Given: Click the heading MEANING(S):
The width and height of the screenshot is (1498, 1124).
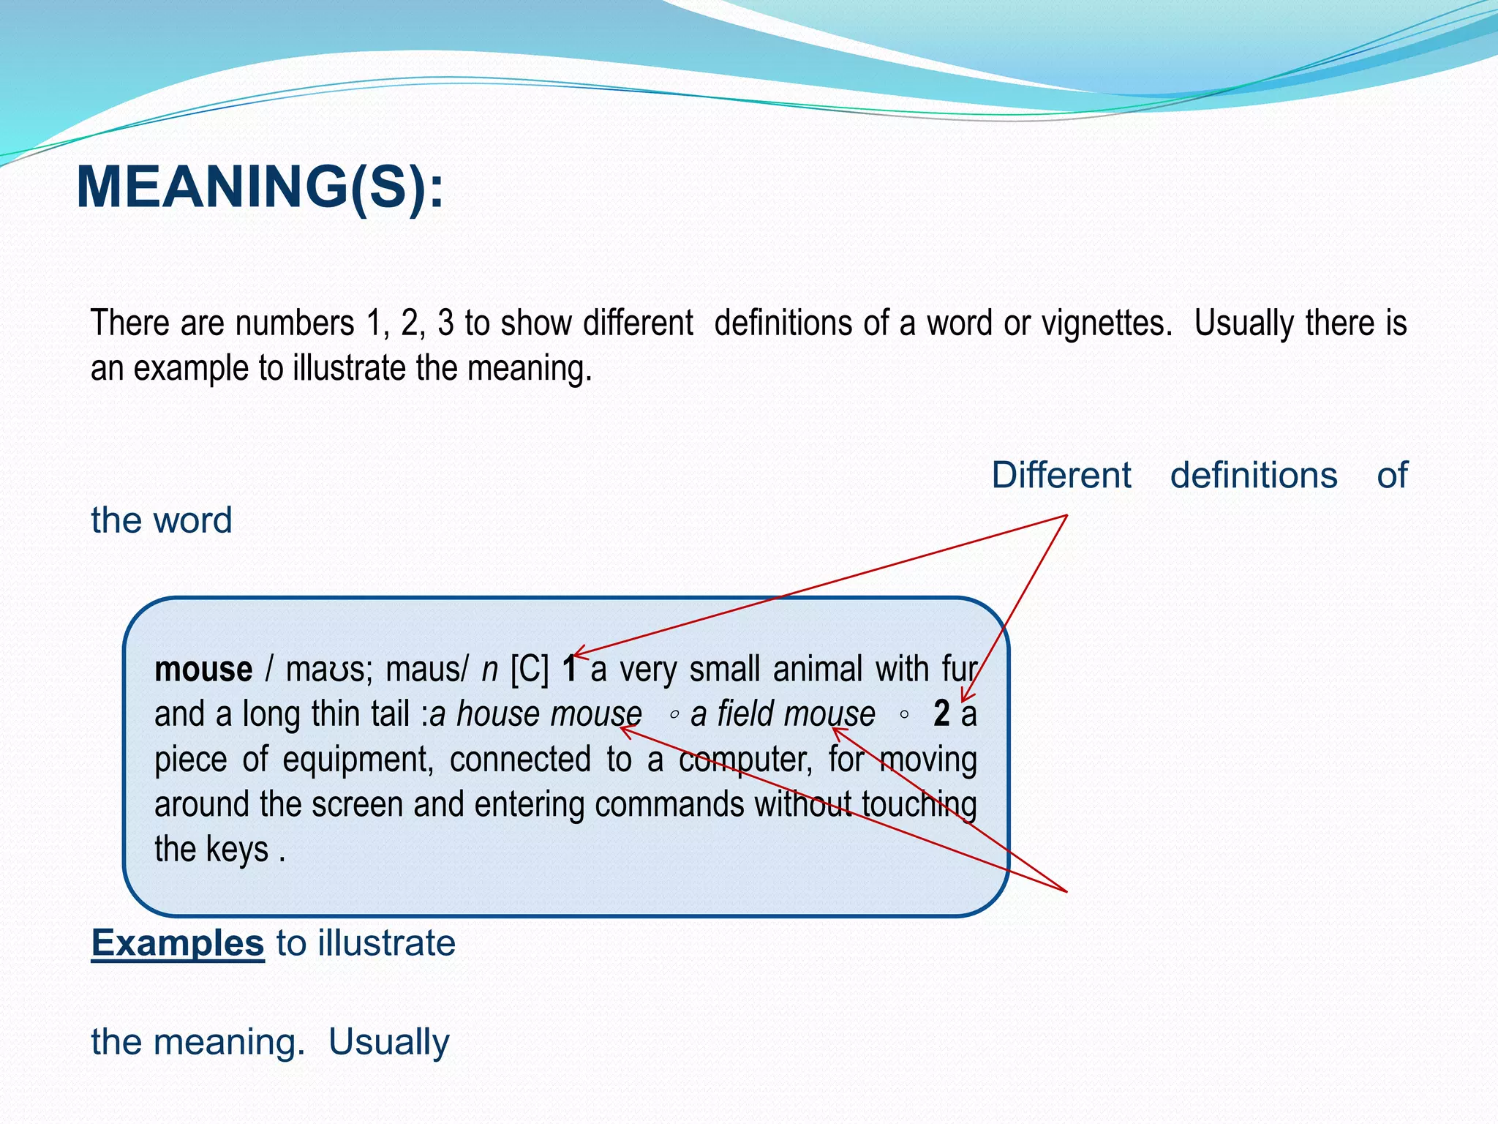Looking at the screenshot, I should point(260,187).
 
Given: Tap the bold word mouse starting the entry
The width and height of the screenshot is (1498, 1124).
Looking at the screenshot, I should point(203,670).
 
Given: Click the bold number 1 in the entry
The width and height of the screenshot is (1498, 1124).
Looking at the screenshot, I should point(570,670).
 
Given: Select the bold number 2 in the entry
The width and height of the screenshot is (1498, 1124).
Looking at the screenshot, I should point(941,713).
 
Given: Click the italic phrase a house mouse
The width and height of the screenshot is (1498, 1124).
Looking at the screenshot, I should point(535,714).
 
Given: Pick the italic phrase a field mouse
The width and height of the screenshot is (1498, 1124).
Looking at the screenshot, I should point(783,714).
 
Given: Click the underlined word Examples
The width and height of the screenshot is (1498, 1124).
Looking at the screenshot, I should point(177,943).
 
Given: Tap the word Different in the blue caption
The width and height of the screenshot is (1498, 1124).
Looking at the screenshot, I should point(1061,476).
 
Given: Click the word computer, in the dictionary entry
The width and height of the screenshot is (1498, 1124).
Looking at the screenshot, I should point(746,760).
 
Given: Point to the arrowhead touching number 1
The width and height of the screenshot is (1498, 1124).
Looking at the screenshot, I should point(578,653).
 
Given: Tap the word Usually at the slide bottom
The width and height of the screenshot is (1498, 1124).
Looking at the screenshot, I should point(388,1042).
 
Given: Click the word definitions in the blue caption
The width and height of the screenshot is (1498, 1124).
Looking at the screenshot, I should point(1254,476).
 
